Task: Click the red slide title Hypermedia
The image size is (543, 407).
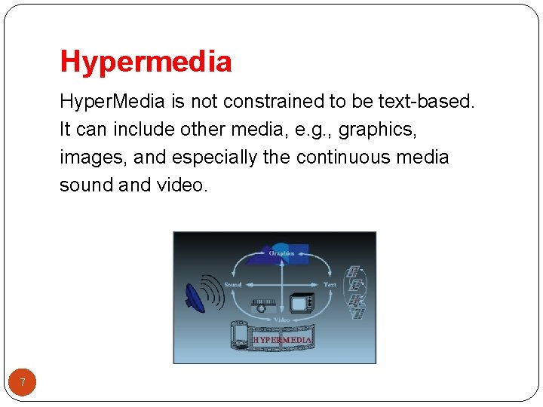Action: pos(146,61)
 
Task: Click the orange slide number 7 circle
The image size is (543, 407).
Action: pos(23,383)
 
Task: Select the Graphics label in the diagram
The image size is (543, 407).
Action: pos(282,253)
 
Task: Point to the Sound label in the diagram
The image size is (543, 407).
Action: pos(232,284)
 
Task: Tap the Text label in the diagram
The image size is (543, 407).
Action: pos(330,284)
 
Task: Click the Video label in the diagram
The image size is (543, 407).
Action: pos(281,319)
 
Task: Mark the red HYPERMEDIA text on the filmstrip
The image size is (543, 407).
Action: pos(282,340)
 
